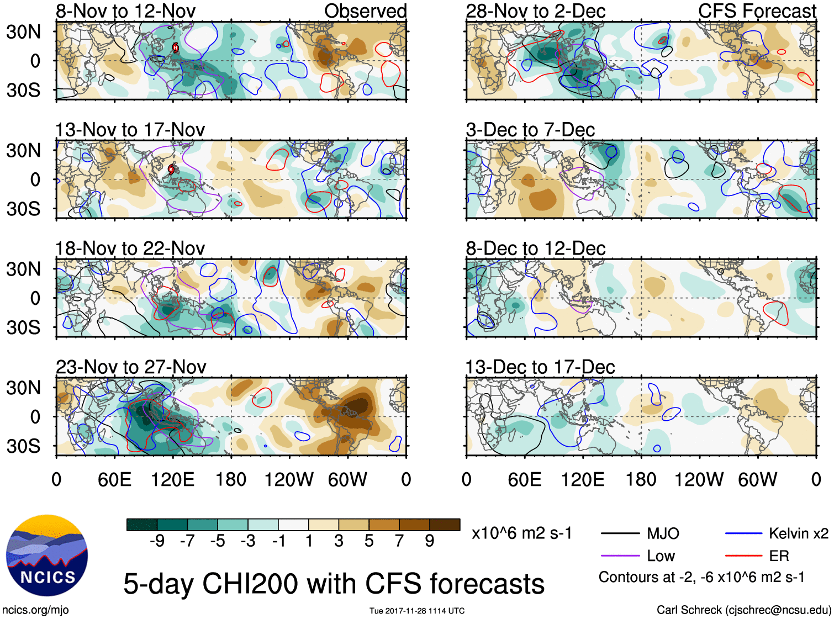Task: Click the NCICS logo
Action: coord(46,555)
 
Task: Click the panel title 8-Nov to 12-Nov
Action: coord(125,11)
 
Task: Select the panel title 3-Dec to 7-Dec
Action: coord(530,130)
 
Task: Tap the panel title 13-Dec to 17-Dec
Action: coord(540,367)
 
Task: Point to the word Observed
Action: coord(365,11)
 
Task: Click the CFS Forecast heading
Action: coord(757,11)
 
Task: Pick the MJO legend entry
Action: coord(663,533)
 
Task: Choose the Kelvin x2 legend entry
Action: coord(798,533)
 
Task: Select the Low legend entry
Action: coord(661,556)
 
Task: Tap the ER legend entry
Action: coord(779,556)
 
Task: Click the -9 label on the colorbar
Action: coord(157,541)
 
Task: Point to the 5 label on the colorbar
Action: coord(369,541)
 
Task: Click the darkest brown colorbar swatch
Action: coord(445,525)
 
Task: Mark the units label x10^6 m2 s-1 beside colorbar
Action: coord(521,533)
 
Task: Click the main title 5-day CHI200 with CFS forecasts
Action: coord(334,584)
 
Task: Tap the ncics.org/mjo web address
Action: coord(35,610)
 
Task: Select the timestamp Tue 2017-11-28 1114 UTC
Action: coord(417,611)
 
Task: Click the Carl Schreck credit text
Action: coord(743,610)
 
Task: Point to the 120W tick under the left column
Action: coord(289,479)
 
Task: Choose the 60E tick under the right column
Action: coord(524,479)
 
